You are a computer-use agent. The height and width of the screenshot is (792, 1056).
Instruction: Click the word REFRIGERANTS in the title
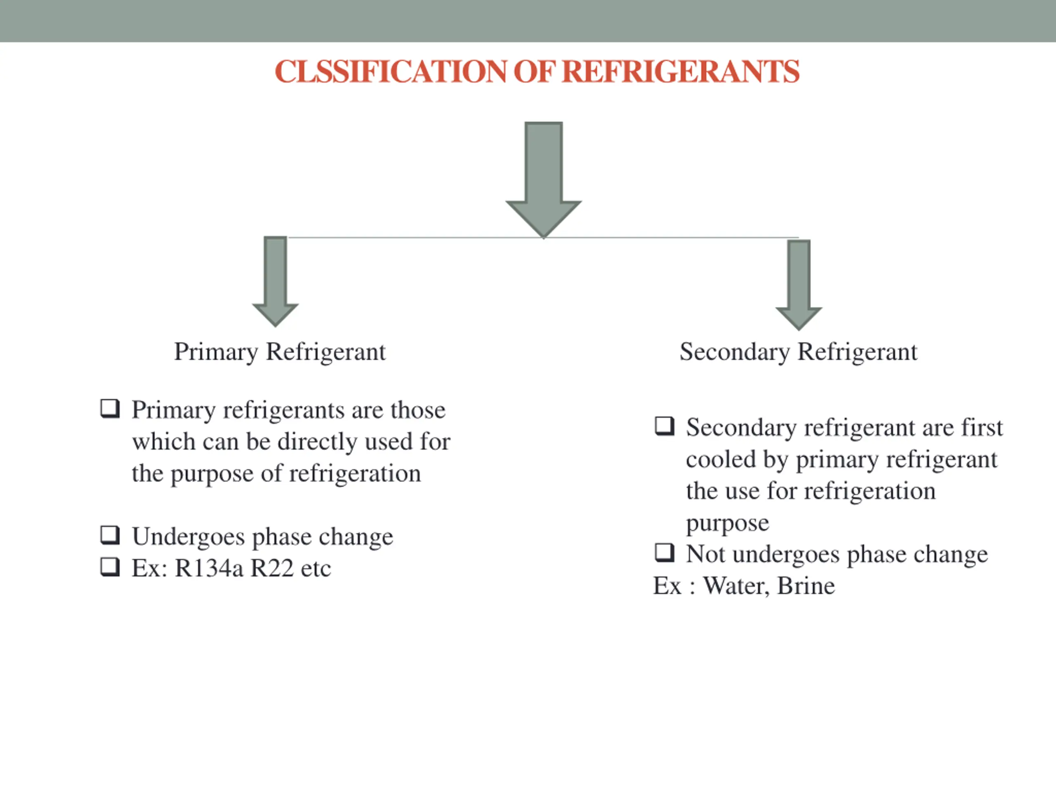[681, 72]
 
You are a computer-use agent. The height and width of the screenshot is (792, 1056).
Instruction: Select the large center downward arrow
[543, 177]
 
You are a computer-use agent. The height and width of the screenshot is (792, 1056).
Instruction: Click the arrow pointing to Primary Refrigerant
[276, 282]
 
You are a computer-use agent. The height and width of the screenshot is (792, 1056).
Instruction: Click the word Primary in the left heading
[216, 352]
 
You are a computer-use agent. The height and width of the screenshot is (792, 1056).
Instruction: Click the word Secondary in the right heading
[734, 352]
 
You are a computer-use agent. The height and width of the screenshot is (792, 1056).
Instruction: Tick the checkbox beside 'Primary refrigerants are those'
[110, 409]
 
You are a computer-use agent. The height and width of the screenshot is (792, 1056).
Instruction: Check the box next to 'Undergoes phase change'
[110, 535]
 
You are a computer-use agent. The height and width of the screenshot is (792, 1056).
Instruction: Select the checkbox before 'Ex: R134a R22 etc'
[110, 567]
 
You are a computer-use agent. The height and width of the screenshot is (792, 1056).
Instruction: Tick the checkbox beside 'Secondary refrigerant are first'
[664, 426]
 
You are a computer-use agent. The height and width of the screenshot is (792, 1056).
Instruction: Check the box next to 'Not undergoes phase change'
[664, 553]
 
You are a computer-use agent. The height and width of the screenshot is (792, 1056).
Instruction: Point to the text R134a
[209, 568]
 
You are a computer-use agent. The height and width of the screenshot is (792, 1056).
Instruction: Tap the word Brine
[806, 586]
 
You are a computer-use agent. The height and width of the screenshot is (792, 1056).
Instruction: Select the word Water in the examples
[735, 586]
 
